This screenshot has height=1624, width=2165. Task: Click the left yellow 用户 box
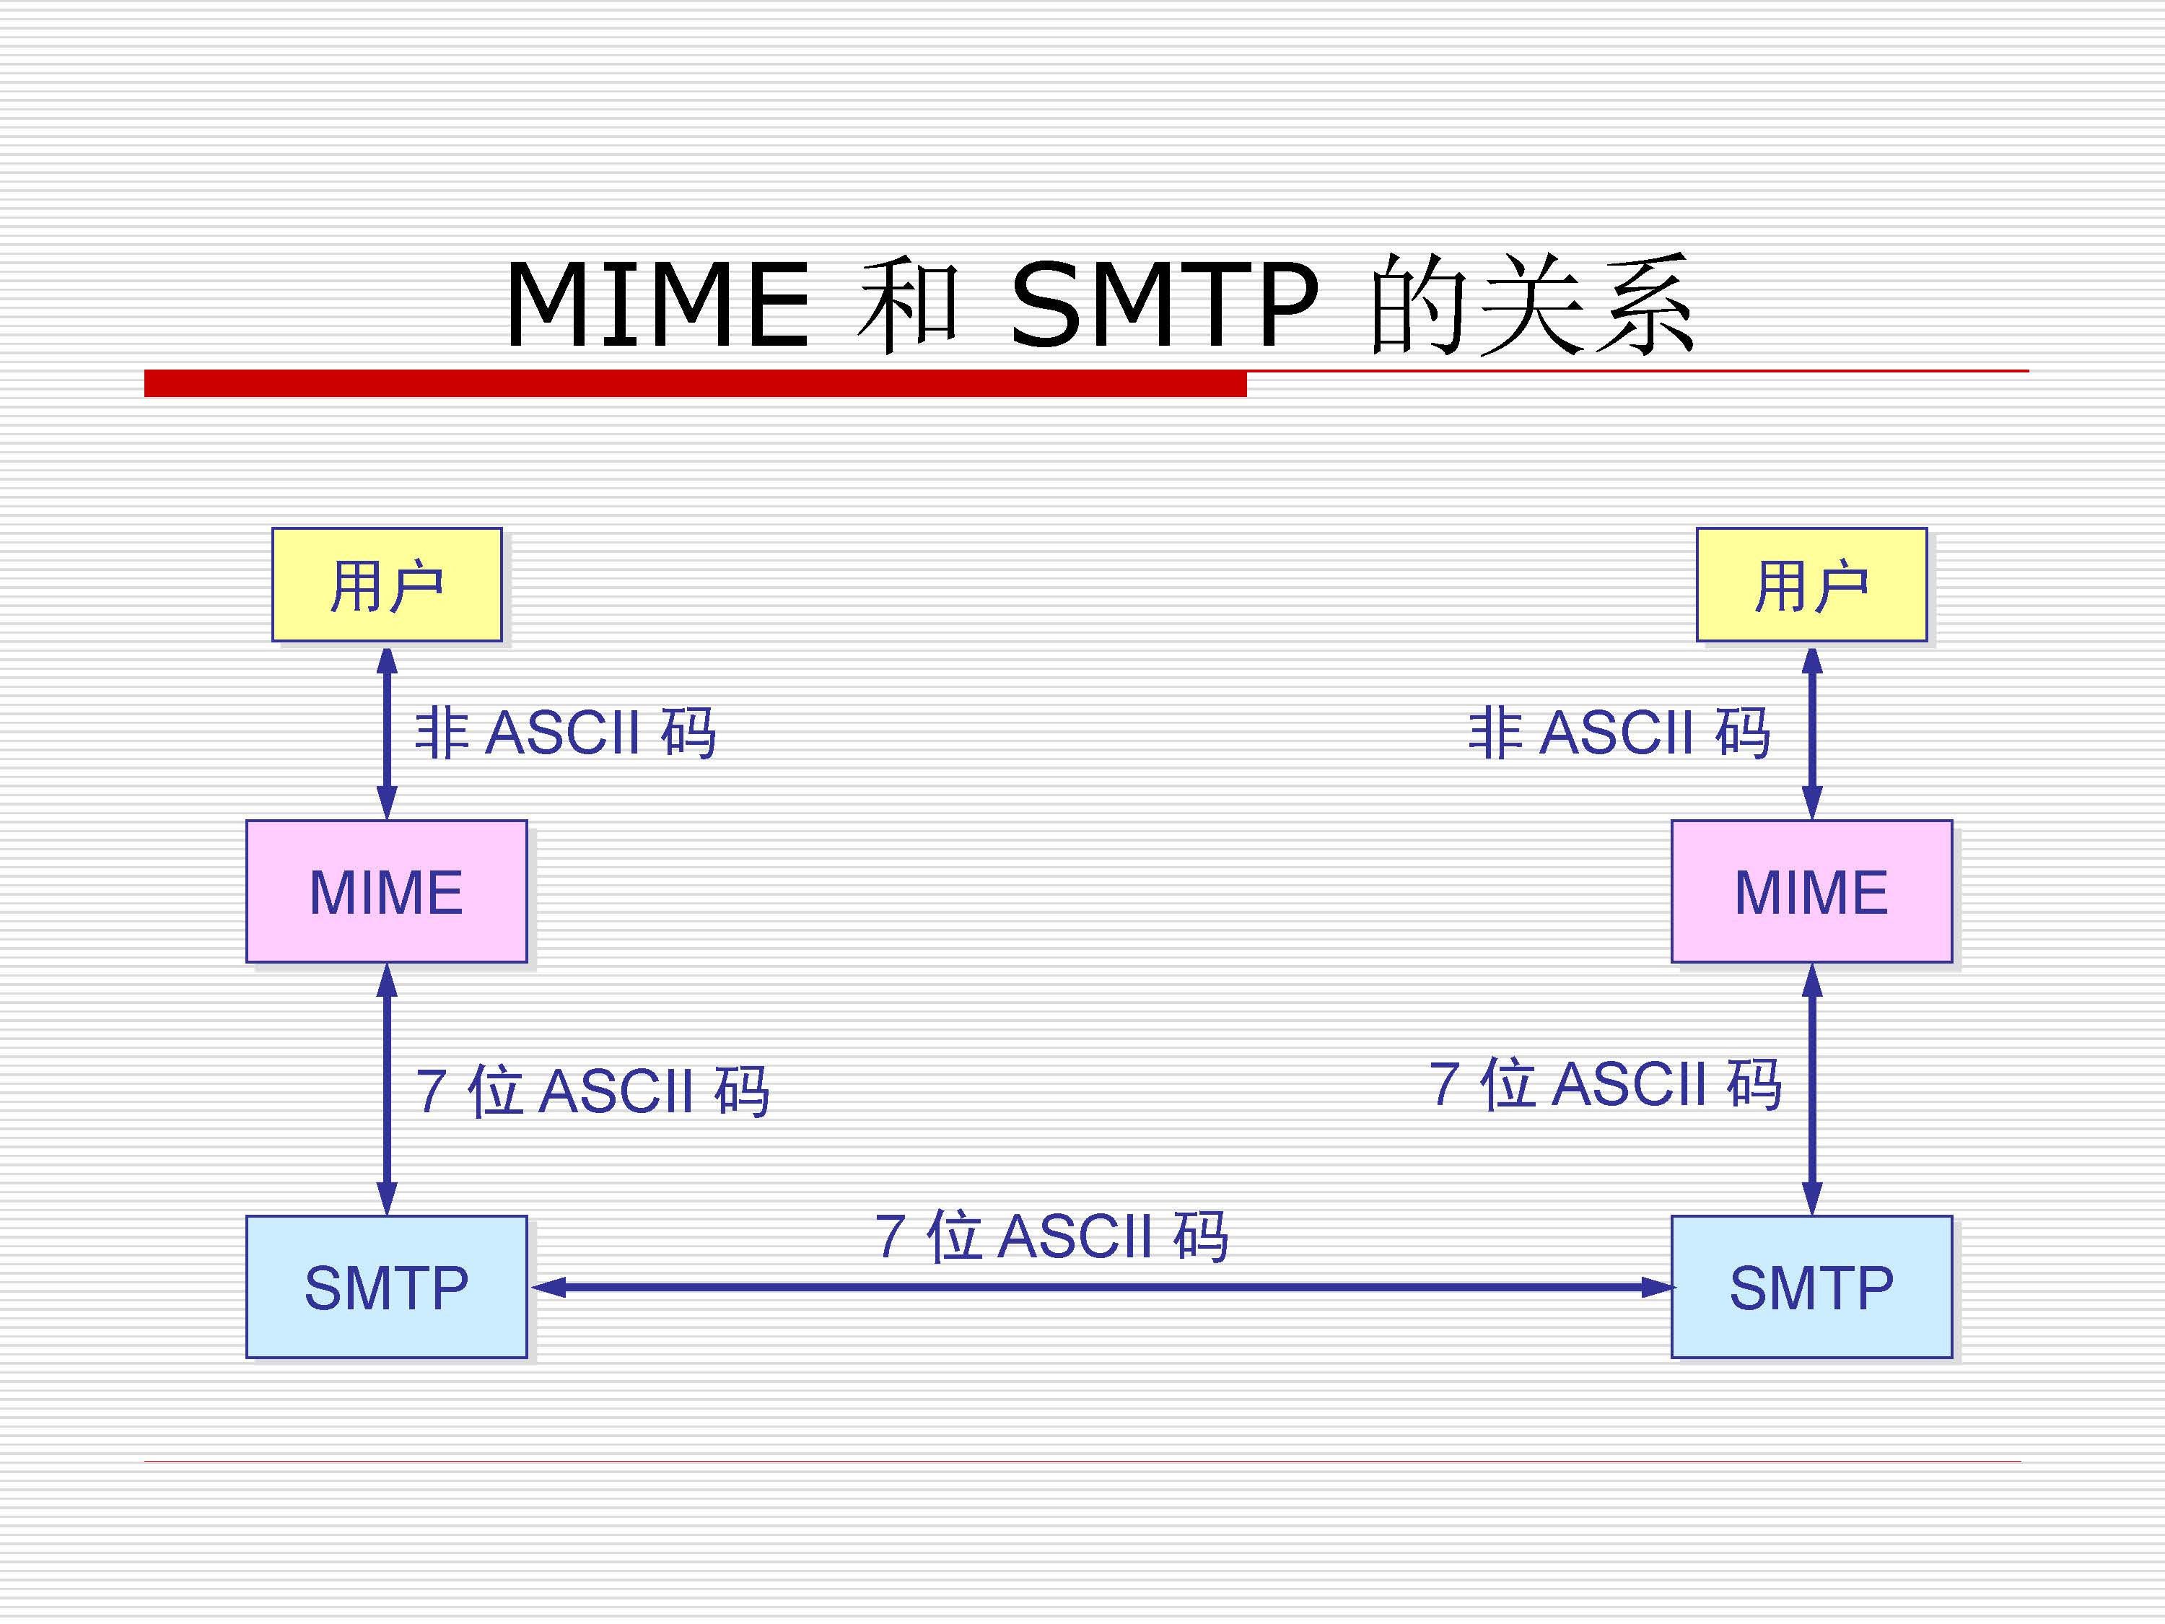(x=387, y=585)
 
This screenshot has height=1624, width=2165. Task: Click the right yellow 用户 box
(x=1811, y=585)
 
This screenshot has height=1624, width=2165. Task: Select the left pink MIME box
(x=387, y=891)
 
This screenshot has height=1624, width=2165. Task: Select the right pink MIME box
(x=1811, y=891)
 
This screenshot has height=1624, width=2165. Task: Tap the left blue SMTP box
(x=387, y=1286)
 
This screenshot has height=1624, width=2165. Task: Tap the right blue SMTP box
(x=1811, y=1286)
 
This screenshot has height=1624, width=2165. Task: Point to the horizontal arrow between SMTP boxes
(x=1101, y=1287)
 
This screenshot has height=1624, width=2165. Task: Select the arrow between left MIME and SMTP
(x=387, y=1088)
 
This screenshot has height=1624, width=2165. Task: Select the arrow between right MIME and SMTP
(x=1811, y=1088)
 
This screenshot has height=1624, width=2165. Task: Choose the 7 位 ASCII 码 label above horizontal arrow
(x=1051, y=1236)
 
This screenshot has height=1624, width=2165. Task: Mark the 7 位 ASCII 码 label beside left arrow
(x=592, y=1091)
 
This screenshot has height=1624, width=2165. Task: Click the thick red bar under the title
(x=695, y=383)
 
